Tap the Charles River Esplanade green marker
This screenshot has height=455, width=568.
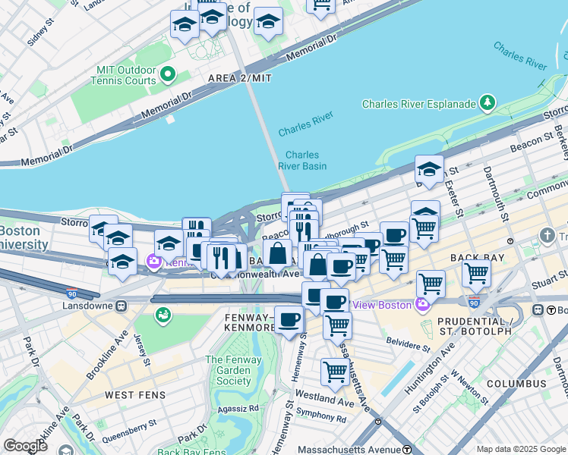pos(488,104)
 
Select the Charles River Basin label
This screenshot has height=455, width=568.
pos(302,161)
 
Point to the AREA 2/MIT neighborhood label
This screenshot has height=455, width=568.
pos(241,78)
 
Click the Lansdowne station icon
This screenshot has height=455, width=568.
pos(121,306)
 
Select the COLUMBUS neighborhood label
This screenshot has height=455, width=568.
pos(517,384)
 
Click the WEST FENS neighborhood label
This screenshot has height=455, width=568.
pos(135,395)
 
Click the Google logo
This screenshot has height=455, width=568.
pos(25,446)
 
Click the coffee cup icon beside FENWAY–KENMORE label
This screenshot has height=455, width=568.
pos(289,319)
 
